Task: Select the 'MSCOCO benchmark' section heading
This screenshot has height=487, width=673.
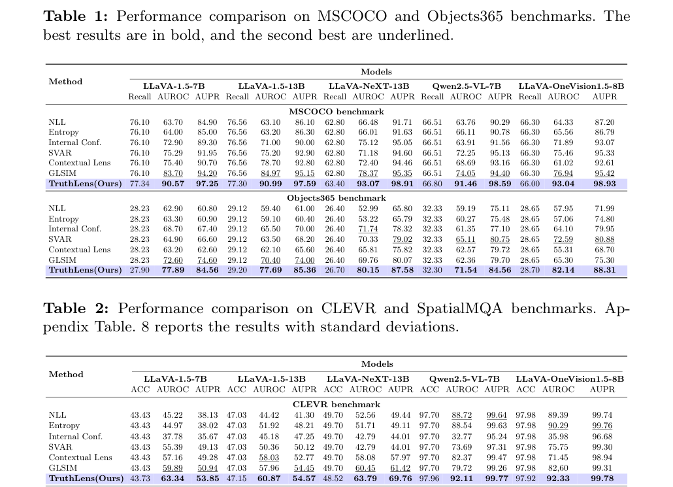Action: pyautogui.click(x=336, y=112)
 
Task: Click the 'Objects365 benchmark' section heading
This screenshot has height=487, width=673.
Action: pyautogui.click(x=336, y=198)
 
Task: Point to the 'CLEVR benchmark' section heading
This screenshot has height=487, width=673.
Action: pyautogui.click(x=336, y=405)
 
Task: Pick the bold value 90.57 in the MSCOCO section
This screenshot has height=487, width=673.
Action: pyautogui.click(x=173, y=184)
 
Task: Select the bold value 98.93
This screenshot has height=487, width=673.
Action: pyautogui.click(x=604, y=184)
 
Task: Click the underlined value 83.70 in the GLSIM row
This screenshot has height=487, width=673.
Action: pyautogui.click(x=173, y=173)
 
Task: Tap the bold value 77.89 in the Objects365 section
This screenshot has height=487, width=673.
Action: pyautogui.click(x=173, y=270)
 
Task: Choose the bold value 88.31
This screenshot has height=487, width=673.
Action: pyautogui.click(x=604, y=270)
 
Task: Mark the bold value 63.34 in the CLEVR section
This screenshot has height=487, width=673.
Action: pyautogui.click(x=172, y=478)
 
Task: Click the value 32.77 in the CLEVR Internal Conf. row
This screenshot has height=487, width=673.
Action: pyautogui.click(x=462, y=436)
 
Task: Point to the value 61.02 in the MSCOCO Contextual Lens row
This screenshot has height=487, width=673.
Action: pyautogui.click(x=563, y=163)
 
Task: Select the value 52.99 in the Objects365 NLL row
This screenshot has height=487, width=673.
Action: pyautogui.click(x=369, y=209)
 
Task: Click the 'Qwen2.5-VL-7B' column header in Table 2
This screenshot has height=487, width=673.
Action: pyautogui.click(x=465, y=378)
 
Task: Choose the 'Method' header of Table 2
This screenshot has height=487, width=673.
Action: pyautogui.click(x=66, y=374)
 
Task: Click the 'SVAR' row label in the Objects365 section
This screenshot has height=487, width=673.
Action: pyautogui.click(x=60, y=239)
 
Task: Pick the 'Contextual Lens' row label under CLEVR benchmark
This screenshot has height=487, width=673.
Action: pyautogui.click(x=80, y=458)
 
